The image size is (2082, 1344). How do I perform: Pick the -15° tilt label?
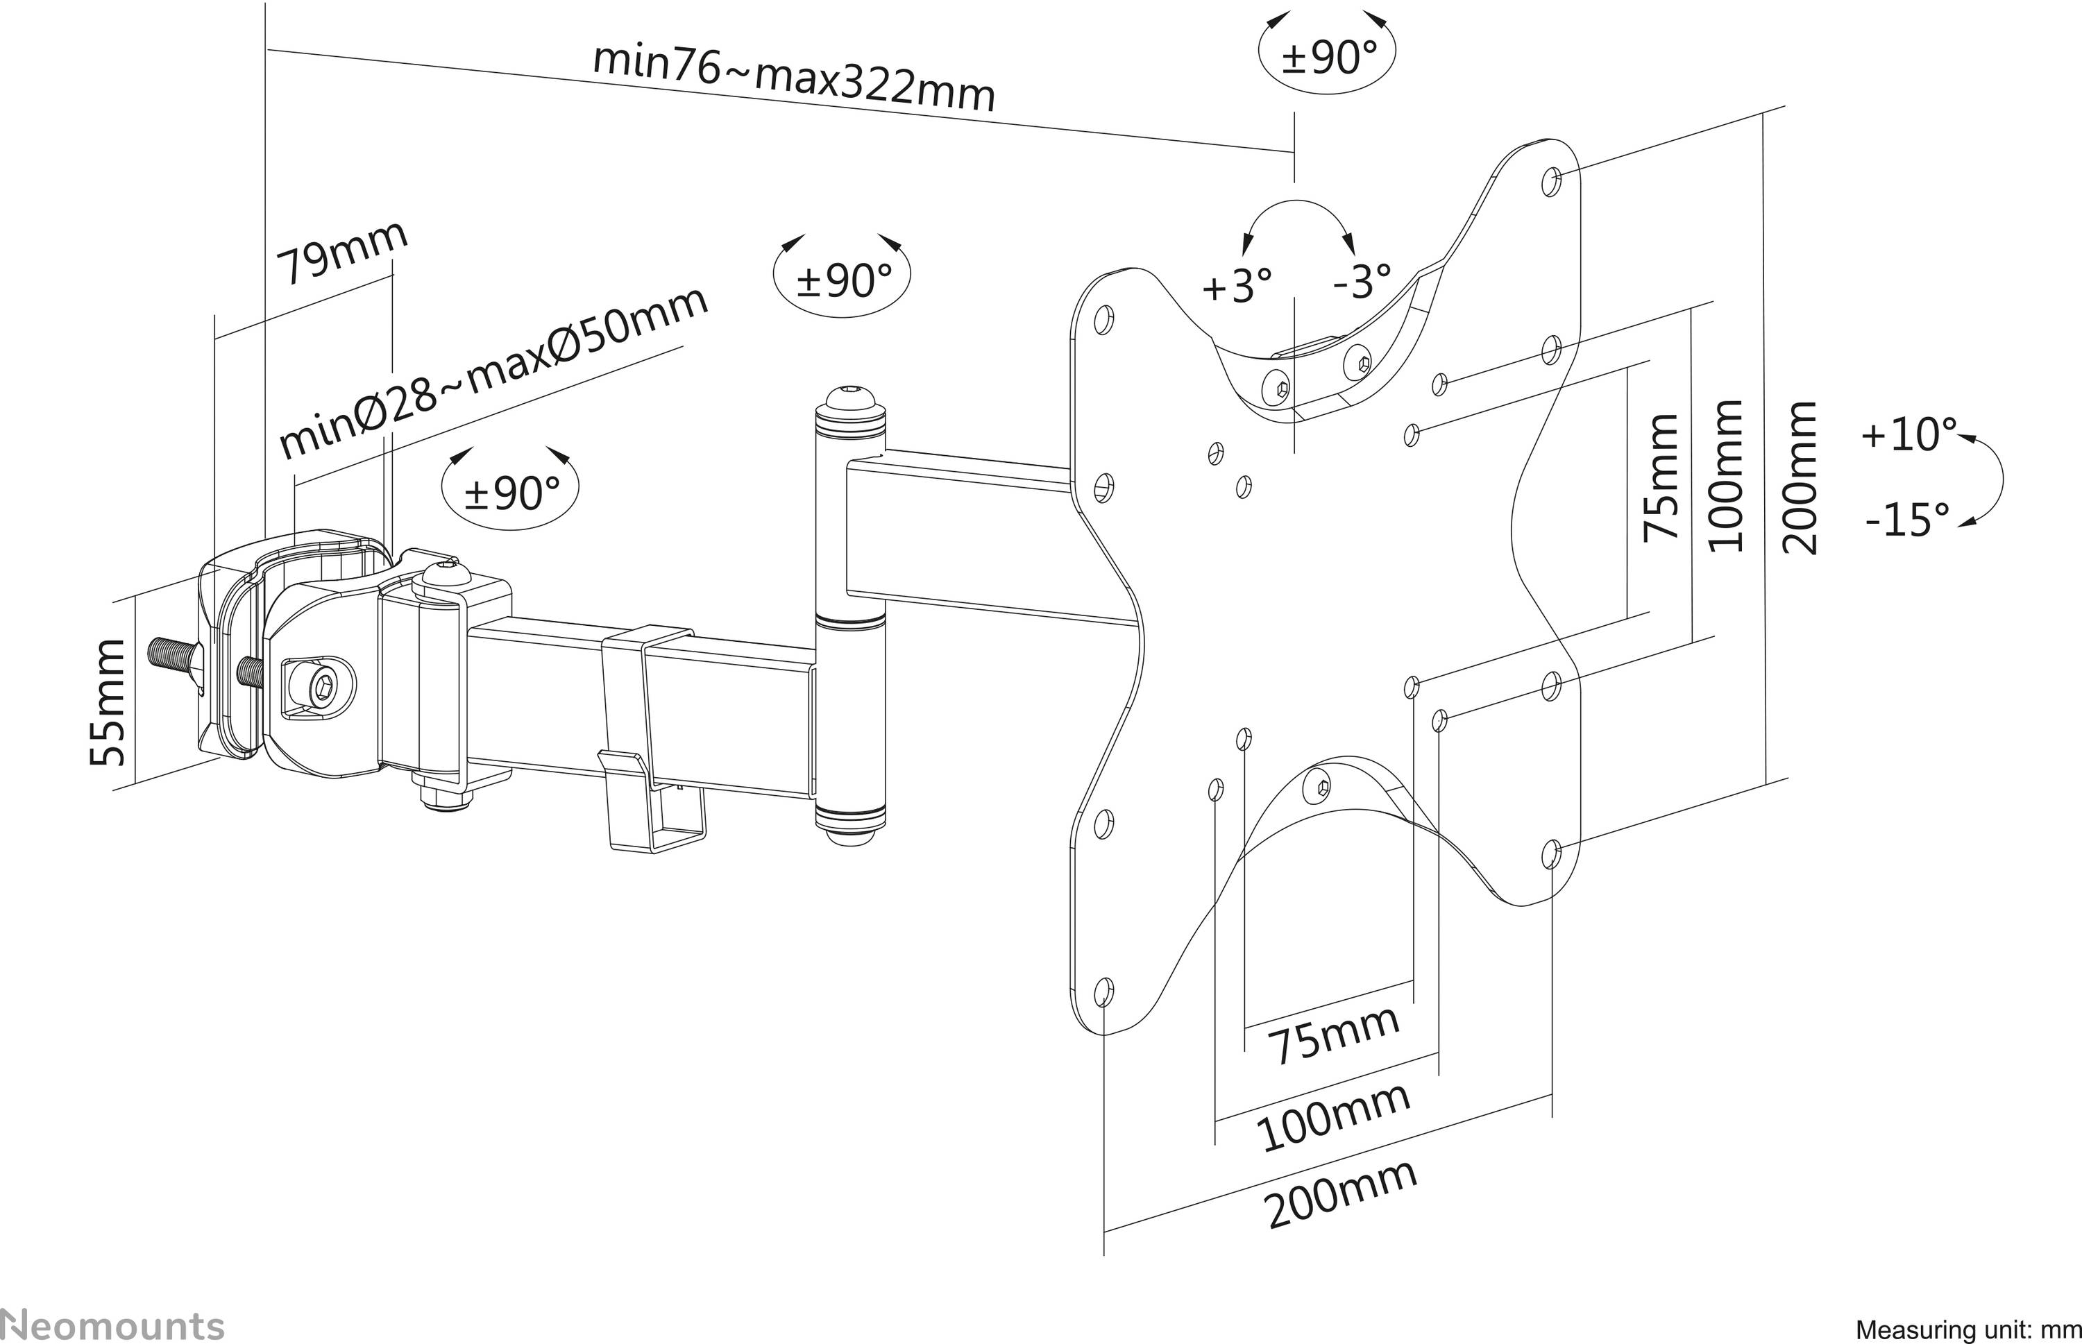pyautogui.click(x=1907, y=520)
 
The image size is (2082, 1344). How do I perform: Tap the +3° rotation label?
pyautogui.click(x=1237, y=284)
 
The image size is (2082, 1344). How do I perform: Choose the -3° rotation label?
pyautogui.click(x=1362, y=281)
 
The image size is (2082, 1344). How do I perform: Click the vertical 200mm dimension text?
pyautogui.click(x=1801, y=477)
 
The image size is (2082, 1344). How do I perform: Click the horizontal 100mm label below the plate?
pyautogui.click(x=1334, y=1116)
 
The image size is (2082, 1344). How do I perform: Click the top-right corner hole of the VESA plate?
pyautogui.click(x=1551, y=182)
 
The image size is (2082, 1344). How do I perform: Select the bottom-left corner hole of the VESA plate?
pyautogui.click(x=1103, y=991)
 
